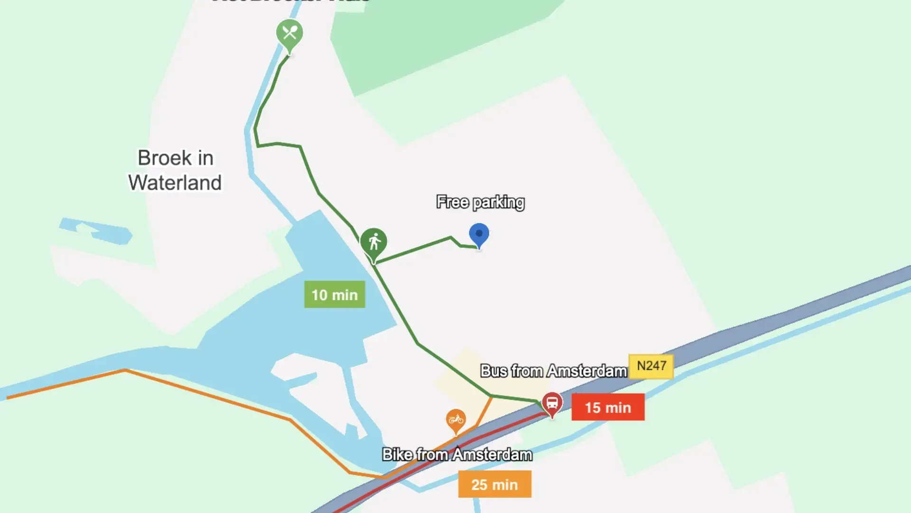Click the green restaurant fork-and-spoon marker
click(289, 34)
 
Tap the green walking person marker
click(374, 242)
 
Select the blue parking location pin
click(479, 234)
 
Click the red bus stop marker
click(552, 403)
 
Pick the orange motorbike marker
click(456, 420)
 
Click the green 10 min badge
click(335, 294)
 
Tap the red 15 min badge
click(608, 407)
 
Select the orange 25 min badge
click(494, 484)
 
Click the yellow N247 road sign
click(651, 366)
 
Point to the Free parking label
click(480, 202)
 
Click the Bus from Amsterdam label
click(553, 370)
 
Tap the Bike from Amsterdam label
click(457, 455)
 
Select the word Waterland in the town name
click(175, 183)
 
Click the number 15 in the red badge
click(593, 408)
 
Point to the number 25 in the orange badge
click(479, 485)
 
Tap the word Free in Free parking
click(452, 202)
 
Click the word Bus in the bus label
click(494, 370)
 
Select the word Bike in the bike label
click(398, 455)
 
